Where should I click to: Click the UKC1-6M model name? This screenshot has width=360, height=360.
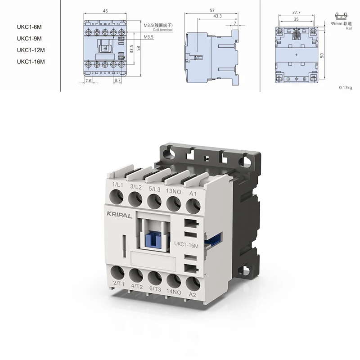coord(29,27)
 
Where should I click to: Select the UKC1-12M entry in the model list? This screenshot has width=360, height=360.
coord(31,50)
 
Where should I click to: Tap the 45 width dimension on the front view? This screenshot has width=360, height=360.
coord(105,11)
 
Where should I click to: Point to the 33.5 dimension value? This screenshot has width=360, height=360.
coord(131,49)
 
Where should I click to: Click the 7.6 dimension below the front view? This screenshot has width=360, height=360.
coord(88,81)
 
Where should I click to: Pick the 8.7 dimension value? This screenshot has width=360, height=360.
coord(117,81)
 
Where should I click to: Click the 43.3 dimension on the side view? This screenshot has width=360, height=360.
coord(217,16)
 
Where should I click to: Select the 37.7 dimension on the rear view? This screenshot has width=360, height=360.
coord(296,13)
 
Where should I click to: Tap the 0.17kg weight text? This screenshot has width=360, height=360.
coord(345,87)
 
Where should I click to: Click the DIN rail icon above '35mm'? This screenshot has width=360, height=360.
coord(341,16)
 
